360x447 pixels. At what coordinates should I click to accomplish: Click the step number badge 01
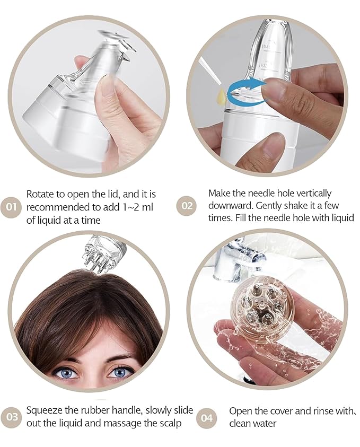[x=11, y=206]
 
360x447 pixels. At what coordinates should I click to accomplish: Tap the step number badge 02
[x=188, y=205]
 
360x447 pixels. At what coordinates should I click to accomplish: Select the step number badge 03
[x=11, y=417]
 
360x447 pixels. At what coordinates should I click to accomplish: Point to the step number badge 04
[x=206, y=418]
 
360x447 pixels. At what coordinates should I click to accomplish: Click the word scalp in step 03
[x=168, y=424]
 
